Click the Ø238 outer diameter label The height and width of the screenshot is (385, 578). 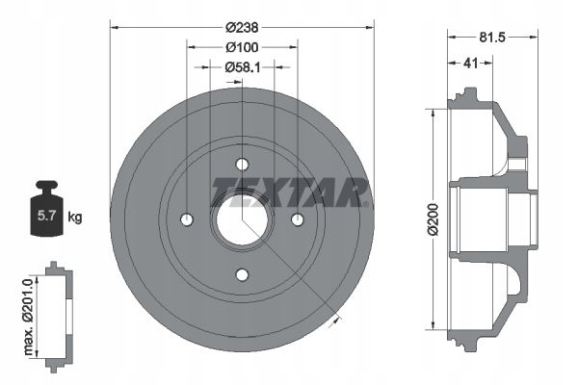[x=242, y=28]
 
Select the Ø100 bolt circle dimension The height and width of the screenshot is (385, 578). [x=242, y=47]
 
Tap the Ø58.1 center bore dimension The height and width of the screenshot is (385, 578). [x=243, y=67]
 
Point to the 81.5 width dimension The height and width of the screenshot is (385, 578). [x=492, y=38]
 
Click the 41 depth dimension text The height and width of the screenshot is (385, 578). [x=470, y=63]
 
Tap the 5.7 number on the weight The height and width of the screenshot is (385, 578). [x=46, y=216]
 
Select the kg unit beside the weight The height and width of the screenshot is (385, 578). [x=75, y=218]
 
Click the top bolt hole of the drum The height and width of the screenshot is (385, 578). [x=242, y=165]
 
